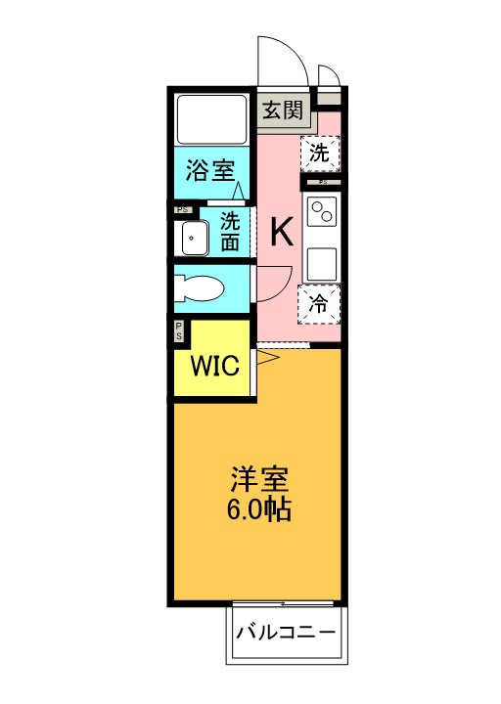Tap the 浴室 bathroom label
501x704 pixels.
tap(211, 171)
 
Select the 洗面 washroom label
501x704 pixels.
tap(230, 231)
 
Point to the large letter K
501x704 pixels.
tap(281, 233)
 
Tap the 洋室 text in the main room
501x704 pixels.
tap(259, 481)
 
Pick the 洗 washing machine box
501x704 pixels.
tap(320, 153)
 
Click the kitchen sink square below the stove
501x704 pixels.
tap(322, 262)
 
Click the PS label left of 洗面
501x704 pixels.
tap(182, 209)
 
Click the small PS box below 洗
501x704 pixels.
tap(322, 182)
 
